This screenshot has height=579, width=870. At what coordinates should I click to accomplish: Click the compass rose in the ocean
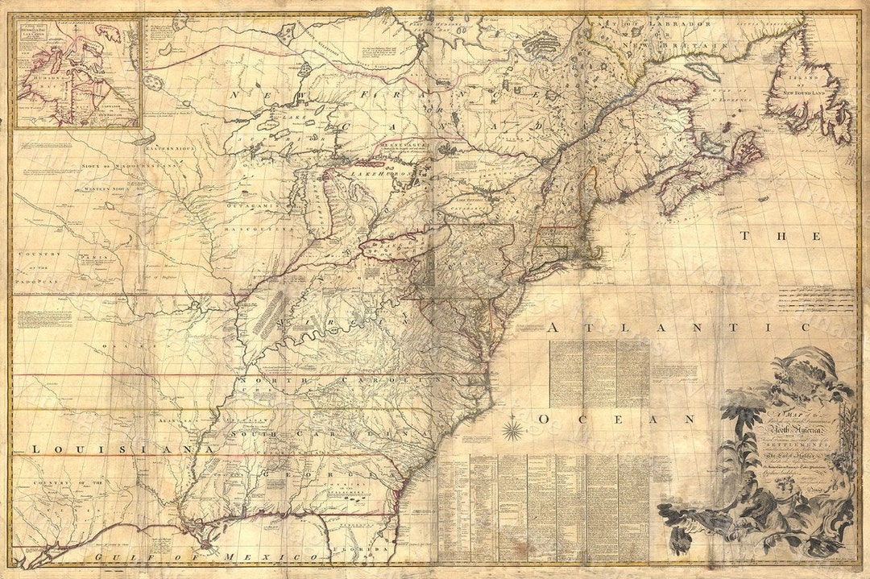point(513,424)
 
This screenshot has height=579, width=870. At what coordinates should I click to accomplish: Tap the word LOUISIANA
point(122,448)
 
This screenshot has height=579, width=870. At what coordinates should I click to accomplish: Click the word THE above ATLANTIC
point(781,236)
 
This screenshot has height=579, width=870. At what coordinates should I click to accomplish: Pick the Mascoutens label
point(275,229)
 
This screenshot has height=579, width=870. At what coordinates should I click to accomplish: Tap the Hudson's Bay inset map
point(77,73)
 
